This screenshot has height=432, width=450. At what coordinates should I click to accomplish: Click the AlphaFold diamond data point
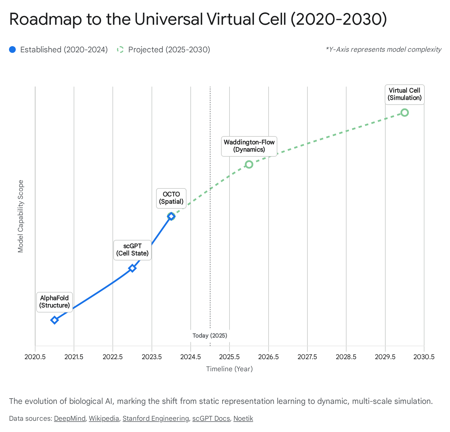pos(55,320)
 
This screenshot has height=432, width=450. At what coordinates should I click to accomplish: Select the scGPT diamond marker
pos(132,268)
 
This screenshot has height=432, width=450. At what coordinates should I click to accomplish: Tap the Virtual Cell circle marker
pos(404,112)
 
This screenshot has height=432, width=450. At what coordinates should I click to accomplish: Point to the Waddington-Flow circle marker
pos(249,164)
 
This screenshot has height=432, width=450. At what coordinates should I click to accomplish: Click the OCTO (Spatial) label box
pos(171,198)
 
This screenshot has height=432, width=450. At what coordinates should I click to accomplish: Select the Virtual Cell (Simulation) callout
pos(404,94)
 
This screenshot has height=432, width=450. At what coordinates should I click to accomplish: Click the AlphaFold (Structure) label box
pos(55,302)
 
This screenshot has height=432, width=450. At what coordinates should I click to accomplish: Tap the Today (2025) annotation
pos(210,336)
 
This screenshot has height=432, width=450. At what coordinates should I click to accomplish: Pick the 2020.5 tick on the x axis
pos(35,357)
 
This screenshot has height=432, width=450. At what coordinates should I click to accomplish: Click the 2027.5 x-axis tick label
pos(307,357)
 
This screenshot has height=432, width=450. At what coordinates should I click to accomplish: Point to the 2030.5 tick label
pos(424,357)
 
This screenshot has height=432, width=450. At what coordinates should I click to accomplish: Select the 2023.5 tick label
pos(152,357)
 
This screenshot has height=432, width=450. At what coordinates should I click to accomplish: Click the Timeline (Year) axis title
pos(229,369)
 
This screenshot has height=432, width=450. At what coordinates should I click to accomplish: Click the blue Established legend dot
pos(12,50)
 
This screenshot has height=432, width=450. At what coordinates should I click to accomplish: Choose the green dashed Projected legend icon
pos(120,50)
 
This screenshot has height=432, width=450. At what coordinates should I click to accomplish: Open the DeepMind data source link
pos(69,418)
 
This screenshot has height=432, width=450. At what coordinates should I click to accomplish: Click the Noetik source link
pos(243,418)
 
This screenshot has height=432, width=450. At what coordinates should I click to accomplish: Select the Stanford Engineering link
pos(156,418)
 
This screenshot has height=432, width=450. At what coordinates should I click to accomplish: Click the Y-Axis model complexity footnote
pos(384,49)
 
